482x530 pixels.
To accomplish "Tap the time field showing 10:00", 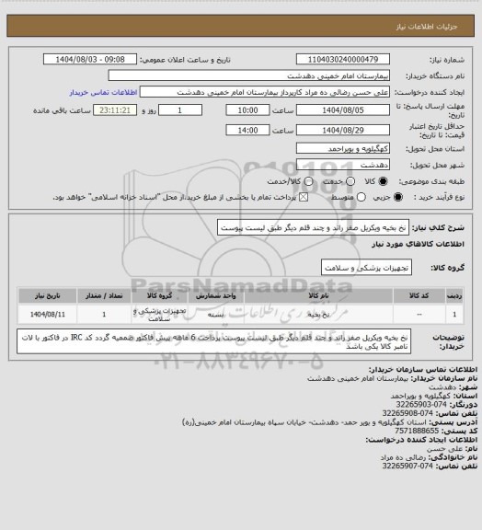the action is point(247,109).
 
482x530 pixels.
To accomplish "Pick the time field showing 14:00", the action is point(247,131).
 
